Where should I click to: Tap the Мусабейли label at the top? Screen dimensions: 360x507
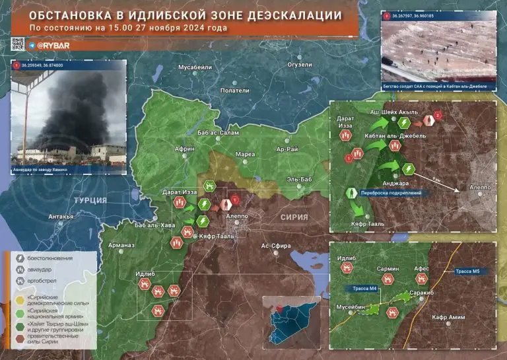coord(195,67)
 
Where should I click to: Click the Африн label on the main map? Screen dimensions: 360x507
coord(185,149)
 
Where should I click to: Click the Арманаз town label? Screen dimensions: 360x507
coord(122,245)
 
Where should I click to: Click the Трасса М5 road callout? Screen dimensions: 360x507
coord(469,271)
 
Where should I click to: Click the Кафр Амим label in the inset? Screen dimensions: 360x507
coord(448,318)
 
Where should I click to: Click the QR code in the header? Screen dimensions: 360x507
coord(18,44)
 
